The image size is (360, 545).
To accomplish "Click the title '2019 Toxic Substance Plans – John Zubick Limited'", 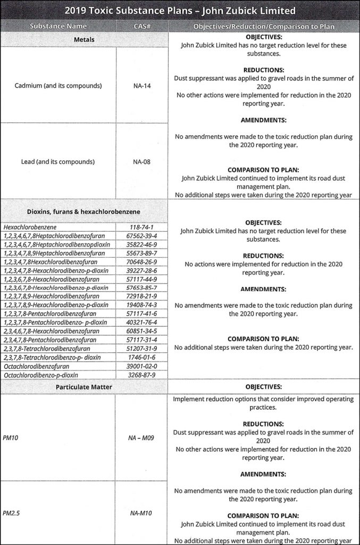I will [180, 11].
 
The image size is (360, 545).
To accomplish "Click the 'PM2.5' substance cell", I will [13, 514].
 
